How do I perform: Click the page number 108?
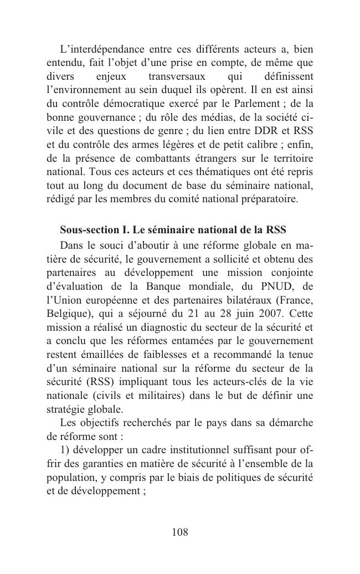(180, 532)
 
